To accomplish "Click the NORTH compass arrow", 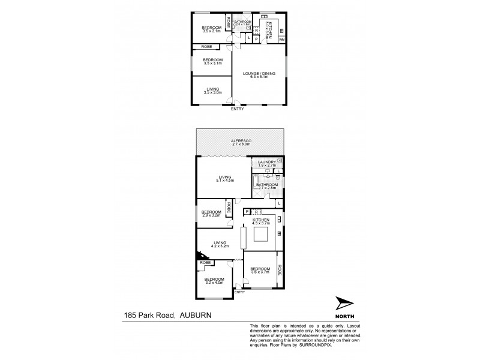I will (342, 304).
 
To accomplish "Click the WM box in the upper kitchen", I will (281, 40).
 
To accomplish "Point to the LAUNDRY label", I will (266, 162).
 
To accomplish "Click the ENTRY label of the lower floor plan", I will (240, 292).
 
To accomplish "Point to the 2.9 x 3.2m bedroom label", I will (211, 213).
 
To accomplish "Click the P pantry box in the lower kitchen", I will (247, 212).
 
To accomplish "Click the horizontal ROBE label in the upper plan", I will (206, 46).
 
